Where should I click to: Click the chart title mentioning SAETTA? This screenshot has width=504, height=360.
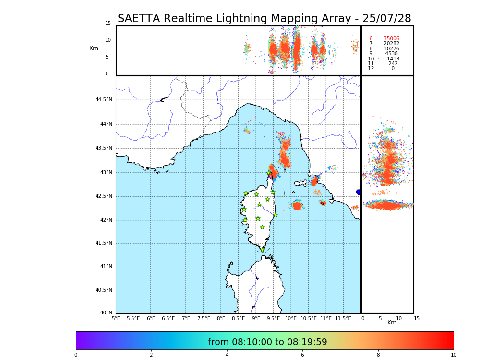[264, 19]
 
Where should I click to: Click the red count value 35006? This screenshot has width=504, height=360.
[391, 39]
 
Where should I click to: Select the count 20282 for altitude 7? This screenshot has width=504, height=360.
[391, 44]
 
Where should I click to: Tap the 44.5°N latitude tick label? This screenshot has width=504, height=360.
[104, 100]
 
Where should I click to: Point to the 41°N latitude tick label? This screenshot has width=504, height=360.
[106, 267]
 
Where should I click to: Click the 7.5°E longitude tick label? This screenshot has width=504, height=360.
[204, 318]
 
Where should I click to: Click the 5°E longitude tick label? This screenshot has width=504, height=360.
[116, 318]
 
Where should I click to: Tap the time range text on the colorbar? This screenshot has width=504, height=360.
[267, 342]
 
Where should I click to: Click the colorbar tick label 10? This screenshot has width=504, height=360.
[453, 355]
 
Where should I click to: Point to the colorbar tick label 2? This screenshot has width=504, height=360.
[151, 355]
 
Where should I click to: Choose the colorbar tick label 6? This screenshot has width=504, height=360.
[302, 355]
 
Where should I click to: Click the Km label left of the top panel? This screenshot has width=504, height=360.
[94, 48]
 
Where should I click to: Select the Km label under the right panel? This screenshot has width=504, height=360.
[392, 323]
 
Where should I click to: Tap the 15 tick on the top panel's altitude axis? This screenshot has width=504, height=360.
[108, 24]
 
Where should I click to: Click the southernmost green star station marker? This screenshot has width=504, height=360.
[262, 250]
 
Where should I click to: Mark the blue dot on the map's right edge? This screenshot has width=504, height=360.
[359, 192]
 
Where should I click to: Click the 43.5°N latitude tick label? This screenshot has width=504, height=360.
[104, 148]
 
